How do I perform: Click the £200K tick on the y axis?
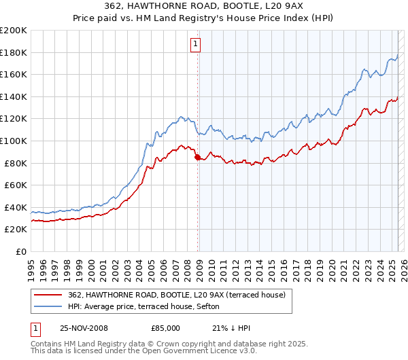click(14, 31)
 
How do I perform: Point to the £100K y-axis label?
click(14, 141)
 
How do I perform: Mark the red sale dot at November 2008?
click(198, 158)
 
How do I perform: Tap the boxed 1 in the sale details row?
click(35, 328)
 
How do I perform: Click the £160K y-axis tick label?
click(14, 75)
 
